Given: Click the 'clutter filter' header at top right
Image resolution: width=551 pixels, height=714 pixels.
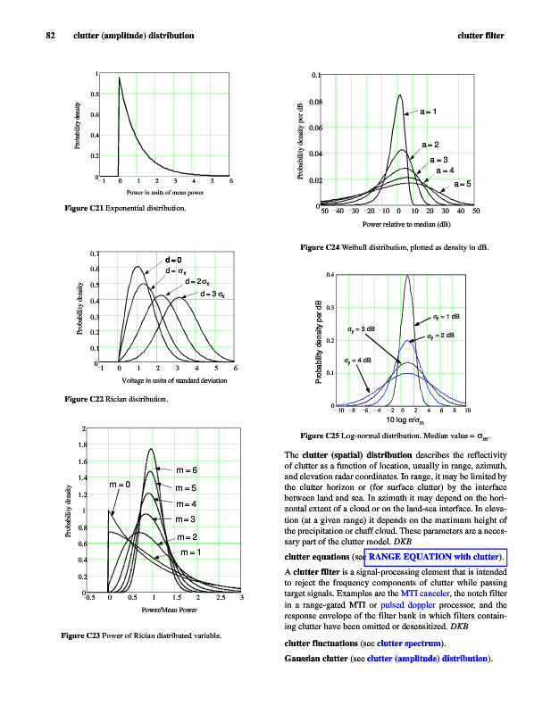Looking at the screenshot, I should click(x=480, y=36).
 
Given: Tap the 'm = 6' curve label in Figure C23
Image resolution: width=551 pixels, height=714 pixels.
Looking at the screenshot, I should click(x=191, y=469).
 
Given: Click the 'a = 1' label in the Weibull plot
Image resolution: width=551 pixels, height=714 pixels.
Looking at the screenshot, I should click(x=428, y=112).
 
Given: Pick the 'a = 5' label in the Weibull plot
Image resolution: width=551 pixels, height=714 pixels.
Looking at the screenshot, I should click(x=463, y=183).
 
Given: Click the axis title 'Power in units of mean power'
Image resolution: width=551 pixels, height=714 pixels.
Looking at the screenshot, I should click(x=164, y=193).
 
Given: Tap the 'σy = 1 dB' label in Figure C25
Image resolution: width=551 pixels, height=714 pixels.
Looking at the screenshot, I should click(x=446, y=316).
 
